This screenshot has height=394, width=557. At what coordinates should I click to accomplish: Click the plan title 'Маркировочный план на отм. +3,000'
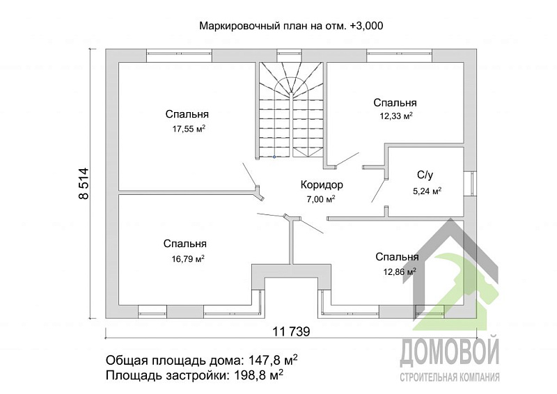pos(292,26)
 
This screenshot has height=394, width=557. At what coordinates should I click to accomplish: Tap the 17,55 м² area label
pos(187,129)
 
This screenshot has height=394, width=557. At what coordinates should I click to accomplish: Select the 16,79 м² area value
pos(187,259)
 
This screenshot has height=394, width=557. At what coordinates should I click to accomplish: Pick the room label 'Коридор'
pos(322,185)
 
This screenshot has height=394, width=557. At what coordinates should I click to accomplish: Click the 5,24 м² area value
pos(427,190)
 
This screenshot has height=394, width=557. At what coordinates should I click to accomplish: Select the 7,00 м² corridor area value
pos(321,199)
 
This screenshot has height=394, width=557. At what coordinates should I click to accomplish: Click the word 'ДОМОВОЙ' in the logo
pos(449,353)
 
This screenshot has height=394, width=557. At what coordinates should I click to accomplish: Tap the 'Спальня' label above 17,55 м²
pos(187,114)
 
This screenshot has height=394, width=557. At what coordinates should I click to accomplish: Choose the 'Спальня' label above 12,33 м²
pos(395,102)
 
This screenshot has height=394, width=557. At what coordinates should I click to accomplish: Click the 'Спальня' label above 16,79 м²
pos(185,244)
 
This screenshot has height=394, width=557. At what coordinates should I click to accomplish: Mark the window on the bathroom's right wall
pos(472,183)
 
